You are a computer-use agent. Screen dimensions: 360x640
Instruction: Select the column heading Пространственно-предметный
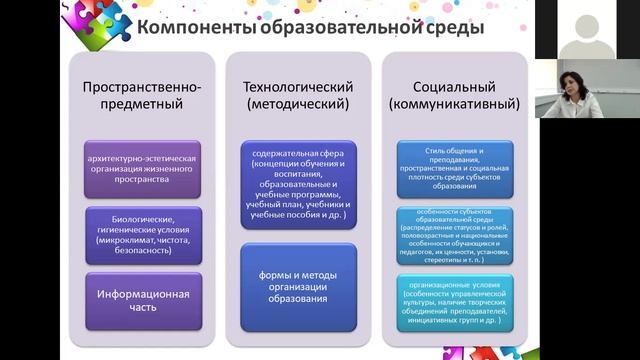tap(142, 94)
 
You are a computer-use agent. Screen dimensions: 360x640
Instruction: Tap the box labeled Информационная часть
tap(142, 301)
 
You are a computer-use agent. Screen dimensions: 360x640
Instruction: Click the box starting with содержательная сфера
tap(297, 185)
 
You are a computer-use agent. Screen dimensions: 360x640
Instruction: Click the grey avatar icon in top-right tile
tap(587, 28)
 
